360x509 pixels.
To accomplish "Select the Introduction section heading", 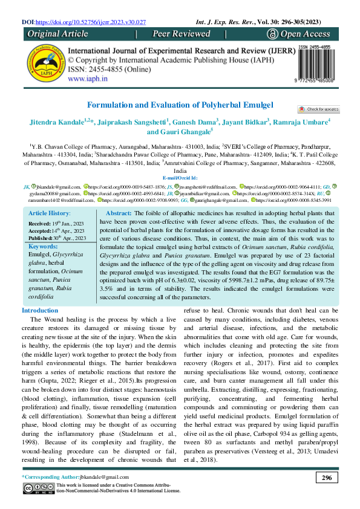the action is click(44, 310).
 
